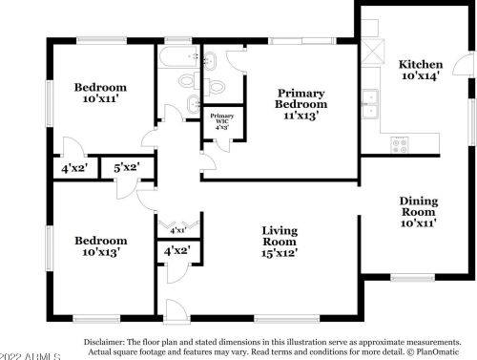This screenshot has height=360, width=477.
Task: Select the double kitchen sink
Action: [x=369, y=100]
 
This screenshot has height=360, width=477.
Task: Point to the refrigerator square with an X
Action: [x=369, y=52]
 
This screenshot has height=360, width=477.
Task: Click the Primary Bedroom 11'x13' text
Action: [x=301, y=104]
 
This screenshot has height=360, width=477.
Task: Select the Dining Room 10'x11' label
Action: [x=418, y=207]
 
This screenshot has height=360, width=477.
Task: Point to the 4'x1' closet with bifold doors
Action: [x=177, y=230]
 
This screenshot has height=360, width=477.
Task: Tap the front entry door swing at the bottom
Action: [x=173, y=307]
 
